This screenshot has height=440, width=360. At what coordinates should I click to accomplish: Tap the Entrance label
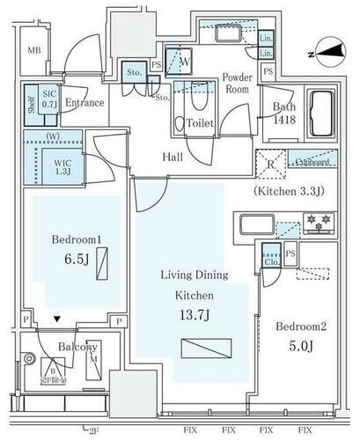coord(84,103)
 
